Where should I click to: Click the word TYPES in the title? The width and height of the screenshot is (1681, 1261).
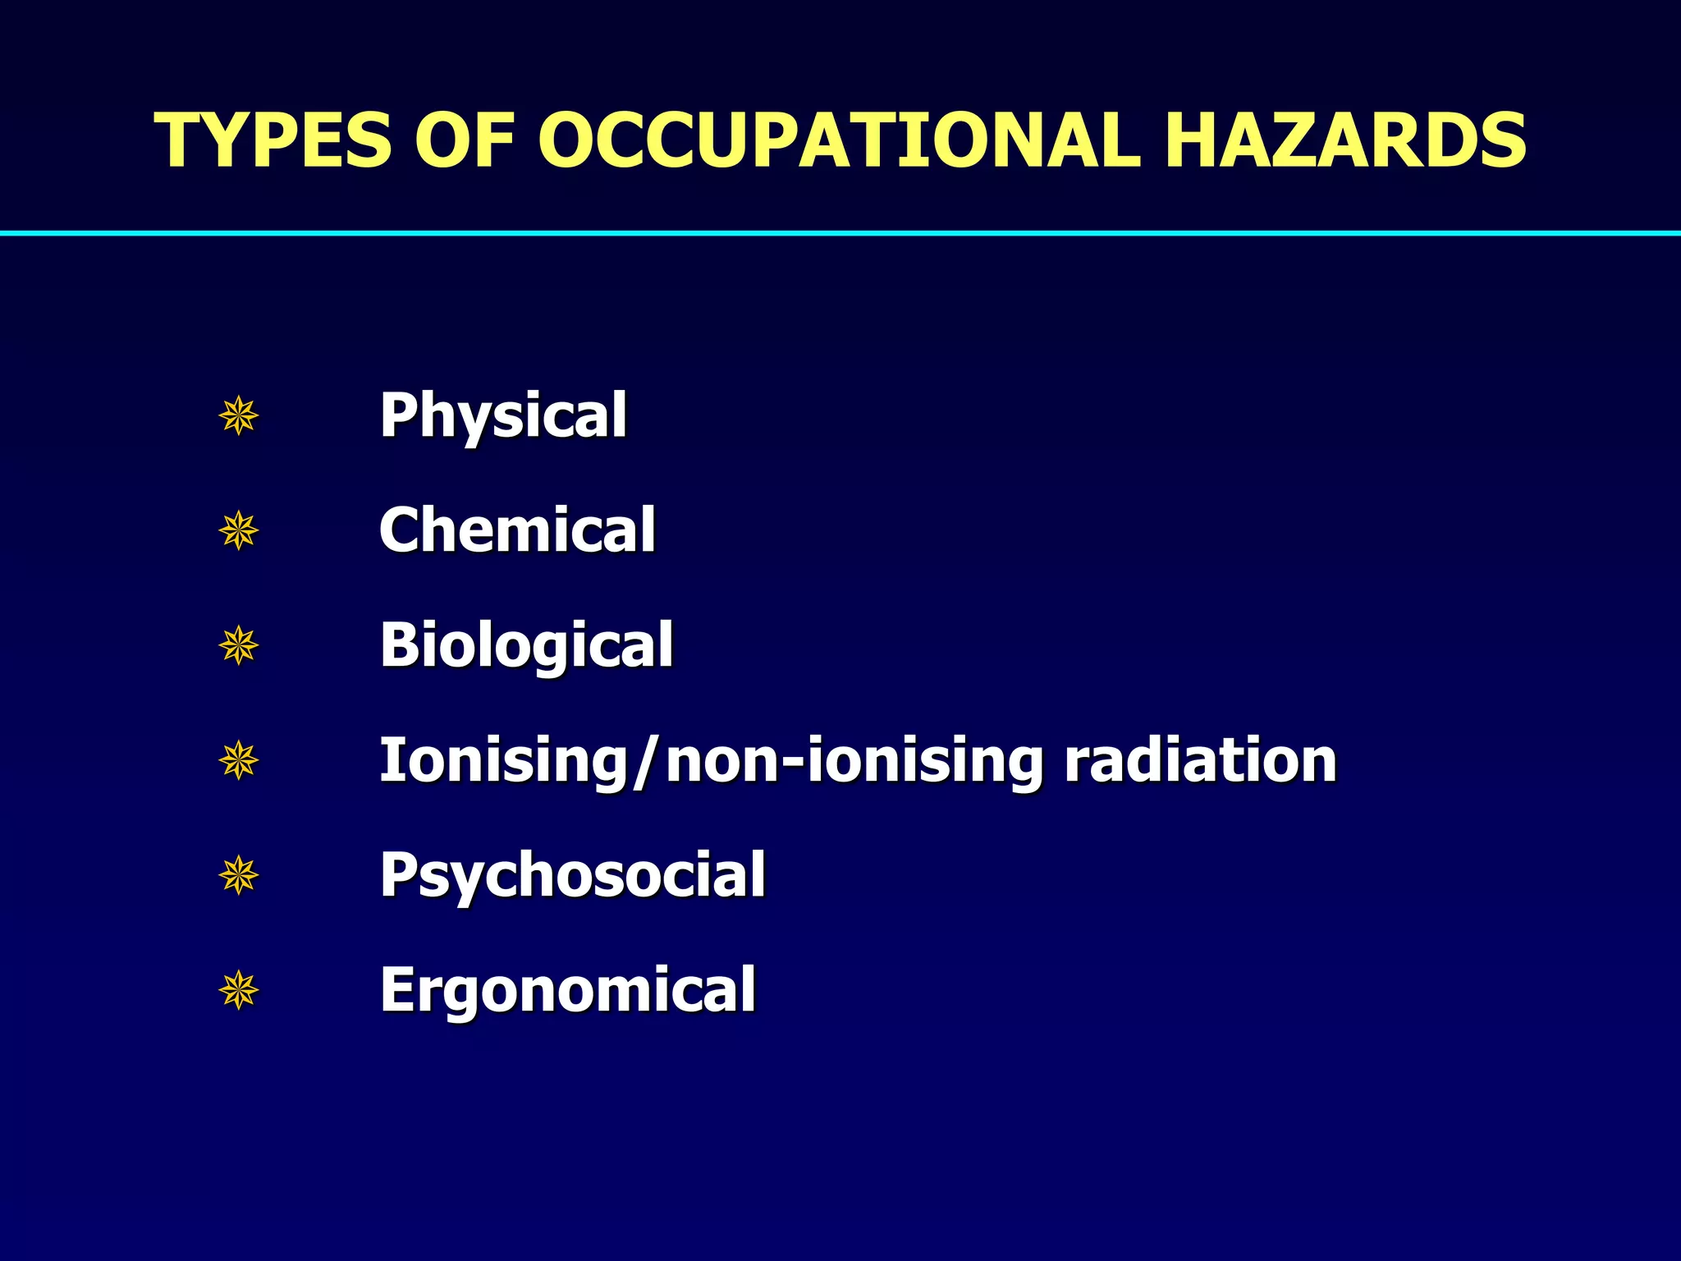click(x=273, y=140)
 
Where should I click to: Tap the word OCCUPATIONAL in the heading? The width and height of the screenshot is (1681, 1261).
click(x=838, y=140)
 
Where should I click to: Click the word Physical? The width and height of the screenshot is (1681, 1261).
click(x=503, y=416)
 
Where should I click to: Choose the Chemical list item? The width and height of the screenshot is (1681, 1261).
click(x=517, y=530)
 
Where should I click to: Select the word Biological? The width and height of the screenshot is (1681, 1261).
click(x=526, y=646)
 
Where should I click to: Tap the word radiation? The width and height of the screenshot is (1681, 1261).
click(x=1200, y=760)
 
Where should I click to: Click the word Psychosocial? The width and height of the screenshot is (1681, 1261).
click(x=572, y=876)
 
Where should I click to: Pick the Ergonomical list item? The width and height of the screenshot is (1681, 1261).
click(x=567, y=990)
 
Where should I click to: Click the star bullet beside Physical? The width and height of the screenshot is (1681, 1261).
click(x=239, y=416)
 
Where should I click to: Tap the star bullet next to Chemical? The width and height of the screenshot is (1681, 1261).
click(x=239, y=531)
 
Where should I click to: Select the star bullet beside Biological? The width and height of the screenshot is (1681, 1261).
click(x=239, y=646)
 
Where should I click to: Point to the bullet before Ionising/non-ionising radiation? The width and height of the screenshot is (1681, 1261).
click(x=239, y=761)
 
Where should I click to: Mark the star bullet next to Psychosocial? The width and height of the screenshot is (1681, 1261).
click(x=239, y=875)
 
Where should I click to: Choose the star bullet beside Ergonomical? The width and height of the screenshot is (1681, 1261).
click(x=239, y=990)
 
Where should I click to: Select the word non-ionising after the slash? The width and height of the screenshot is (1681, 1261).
click(x=854, y=762)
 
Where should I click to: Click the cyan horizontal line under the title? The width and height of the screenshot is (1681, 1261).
click(x=840, y=234)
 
